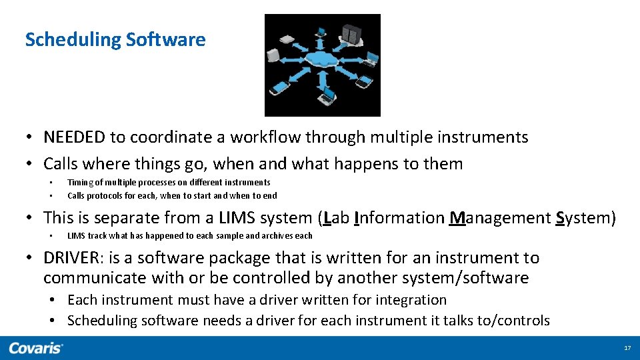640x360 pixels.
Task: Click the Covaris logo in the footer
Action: click(36, 348)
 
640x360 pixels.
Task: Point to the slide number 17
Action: click(627, 349)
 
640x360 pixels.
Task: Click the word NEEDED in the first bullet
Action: click(74, 137)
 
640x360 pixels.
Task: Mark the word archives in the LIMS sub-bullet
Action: click(278, 236)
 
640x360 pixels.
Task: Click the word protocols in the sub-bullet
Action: click(105, 196)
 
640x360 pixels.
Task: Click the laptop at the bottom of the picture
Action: click(327, 99)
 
